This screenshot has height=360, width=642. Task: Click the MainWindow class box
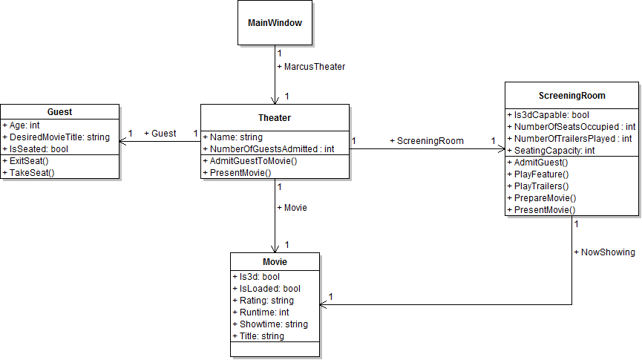pos(275,23)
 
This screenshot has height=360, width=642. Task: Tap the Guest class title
pos(59,112)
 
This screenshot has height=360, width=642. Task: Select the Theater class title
pos(275,117)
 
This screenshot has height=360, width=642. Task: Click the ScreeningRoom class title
pos(571,96)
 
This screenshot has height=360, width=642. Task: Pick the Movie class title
pos(275,262)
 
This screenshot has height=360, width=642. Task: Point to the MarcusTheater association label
pos(311,67)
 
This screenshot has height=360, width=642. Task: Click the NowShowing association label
pos(604,252)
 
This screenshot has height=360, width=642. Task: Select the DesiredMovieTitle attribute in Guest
pos(56,137)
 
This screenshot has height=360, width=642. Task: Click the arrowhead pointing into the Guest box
pos(122,141)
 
